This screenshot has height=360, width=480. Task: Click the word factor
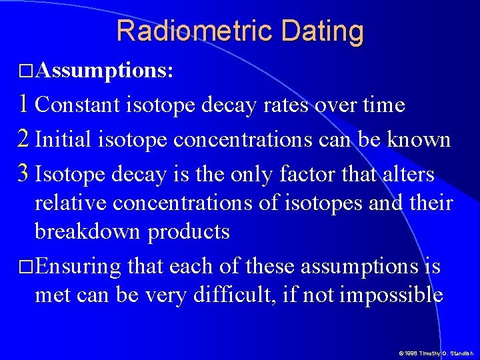pyautogui.click(x=309, y=175)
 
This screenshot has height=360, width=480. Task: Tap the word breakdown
pyautogui.click(x=88, y=231)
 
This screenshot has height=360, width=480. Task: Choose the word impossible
pyautogui.click(x=391, y=295)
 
